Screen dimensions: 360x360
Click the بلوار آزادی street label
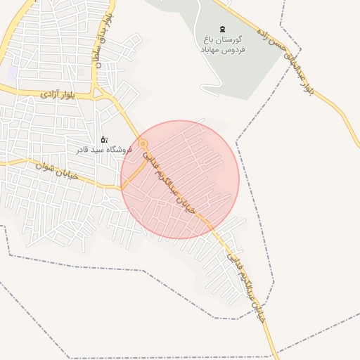56,94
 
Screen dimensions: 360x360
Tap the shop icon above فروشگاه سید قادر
104,139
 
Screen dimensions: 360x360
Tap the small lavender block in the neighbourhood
12,72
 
